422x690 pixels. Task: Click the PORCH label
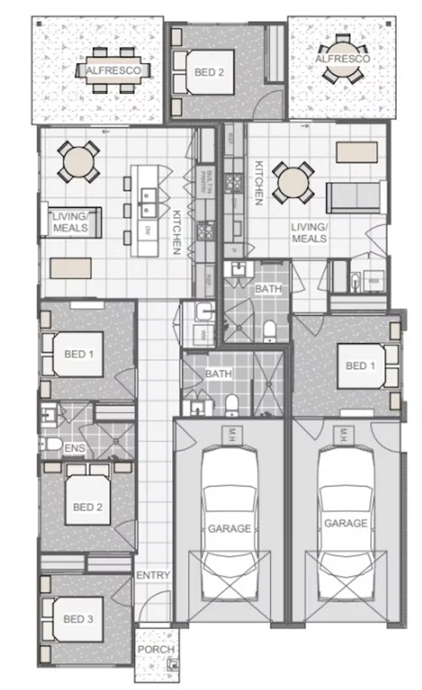tap(155, 650)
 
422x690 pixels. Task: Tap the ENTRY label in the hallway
tap(152, 575)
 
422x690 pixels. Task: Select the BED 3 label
tap(79, 620)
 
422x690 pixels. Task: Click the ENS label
tap(75, 449)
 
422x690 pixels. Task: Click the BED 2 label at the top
tap(209, 73)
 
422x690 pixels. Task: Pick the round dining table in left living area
tap(79, 161)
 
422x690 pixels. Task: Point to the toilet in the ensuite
tap(53, 444)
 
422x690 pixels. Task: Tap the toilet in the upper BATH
tap(270, 329)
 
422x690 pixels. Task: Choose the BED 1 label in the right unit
tap(357, 365)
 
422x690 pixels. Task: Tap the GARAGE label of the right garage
tap(345, 523)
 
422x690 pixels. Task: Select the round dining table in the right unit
tap(291, 182)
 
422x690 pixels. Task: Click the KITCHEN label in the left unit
tap(175, 232)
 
